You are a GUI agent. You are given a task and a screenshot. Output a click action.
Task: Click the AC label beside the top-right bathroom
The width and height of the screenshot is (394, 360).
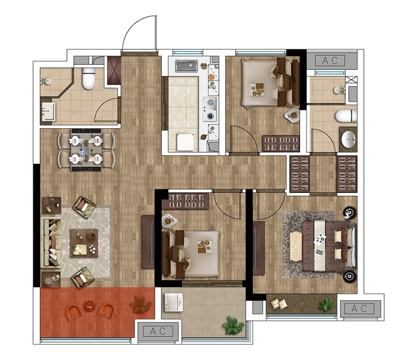point(330,61)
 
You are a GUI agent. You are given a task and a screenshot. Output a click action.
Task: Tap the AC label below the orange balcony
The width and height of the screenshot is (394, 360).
point(158,331)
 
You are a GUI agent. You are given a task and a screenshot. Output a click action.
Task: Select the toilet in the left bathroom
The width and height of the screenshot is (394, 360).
point(89,79)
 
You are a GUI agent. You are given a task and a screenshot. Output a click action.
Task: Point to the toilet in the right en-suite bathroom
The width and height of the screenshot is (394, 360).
point(346,116)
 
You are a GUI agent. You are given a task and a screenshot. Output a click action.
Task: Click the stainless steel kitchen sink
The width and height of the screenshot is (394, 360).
point(187,66)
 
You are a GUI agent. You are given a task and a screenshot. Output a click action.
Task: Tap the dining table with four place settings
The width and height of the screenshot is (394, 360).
point(87,150)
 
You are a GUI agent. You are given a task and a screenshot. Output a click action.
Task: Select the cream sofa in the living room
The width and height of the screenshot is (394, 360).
point(51,243)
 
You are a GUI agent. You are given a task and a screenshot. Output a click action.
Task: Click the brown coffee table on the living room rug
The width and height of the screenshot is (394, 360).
point(84,243)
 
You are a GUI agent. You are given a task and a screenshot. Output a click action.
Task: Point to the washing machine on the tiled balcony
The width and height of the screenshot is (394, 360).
point(173,302)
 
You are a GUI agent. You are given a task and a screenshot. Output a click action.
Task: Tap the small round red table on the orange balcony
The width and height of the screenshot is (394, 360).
point(88,306)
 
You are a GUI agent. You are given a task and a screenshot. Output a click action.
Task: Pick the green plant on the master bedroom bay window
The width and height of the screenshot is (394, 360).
point(326,305)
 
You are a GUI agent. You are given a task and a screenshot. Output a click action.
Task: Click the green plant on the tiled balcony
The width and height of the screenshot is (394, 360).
point(233,325)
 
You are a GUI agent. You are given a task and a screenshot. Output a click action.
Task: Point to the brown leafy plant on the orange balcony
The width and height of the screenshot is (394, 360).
point(140,304)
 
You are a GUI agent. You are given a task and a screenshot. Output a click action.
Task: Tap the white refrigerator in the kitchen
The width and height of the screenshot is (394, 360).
point(185,142)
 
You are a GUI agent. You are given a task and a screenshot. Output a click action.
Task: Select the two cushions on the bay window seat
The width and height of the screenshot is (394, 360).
point(279,304)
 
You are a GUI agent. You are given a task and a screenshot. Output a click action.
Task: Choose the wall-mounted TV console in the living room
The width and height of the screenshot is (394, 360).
point(148,242)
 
